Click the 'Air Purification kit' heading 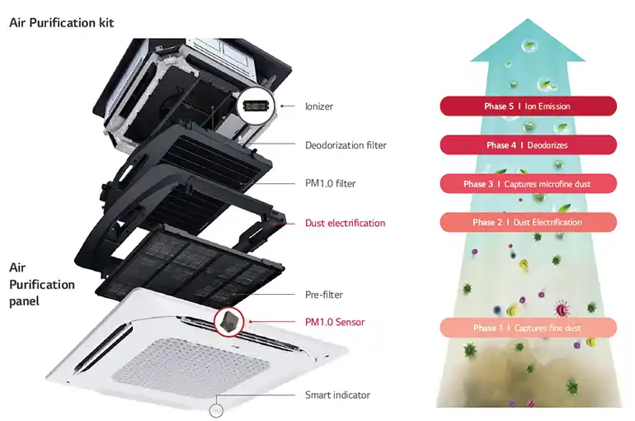61,23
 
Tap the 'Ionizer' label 319,106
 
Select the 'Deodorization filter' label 346,145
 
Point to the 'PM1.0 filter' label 330,183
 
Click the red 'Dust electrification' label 345,223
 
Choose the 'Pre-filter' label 324,295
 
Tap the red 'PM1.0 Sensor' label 334,322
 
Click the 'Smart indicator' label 337,395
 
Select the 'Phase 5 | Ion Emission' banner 528,106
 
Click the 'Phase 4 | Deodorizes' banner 528,145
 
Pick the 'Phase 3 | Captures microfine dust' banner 528,183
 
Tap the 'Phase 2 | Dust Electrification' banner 528,222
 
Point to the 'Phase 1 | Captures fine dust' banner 528,328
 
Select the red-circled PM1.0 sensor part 230,323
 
